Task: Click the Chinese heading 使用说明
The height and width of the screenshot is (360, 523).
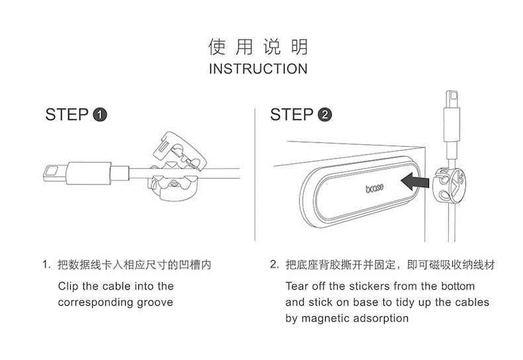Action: click(258, 47)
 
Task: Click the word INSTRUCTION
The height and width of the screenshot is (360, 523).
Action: click(258, 69)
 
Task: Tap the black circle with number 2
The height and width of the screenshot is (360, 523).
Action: click(324, 115)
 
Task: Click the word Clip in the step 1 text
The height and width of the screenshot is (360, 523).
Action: click(69, 287)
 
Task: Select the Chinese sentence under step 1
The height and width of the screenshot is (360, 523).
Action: click(135, 265)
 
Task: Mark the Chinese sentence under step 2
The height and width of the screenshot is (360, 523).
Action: click(391, 265)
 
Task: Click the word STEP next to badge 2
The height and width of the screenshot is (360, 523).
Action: click(292, 115)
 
